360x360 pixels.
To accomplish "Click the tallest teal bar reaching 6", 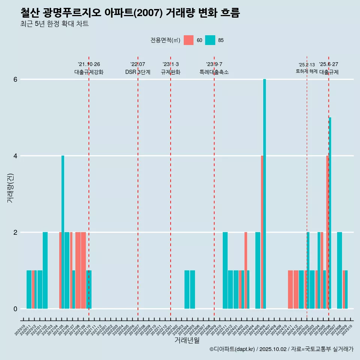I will click(x=264, y=187).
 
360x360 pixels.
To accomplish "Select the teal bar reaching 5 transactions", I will click(x=330, y=210).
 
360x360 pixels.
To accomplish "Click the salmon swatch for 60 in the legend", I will click(x=189, y=40).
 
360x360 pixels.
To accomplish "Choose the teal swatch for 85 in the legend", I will click(x=210, y=40).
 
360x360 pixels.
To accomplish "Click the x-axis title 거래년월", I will click(x=187, y=340).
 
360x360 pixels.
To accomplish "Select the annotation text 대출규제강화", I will click(x=89, y=72).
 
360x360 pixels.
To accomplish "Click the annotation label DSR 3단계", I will click(x=138, y=72).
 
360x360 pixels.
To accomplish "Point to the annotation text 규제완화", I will click(x=171, y=72).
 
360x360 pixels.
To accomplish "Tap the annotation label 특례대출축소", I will click(x=214, y=72).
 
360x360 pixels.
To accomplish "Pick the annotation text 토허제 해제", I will click(x=306, y=71).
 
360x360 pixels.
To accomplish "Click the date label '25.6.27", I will click(x=328, y=64).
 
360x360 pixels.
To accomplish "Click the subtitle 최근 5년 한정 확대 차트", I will click(x=55, y=24).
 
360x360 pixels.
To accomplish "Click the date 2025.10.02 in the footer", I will click(x=273, y=349).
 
